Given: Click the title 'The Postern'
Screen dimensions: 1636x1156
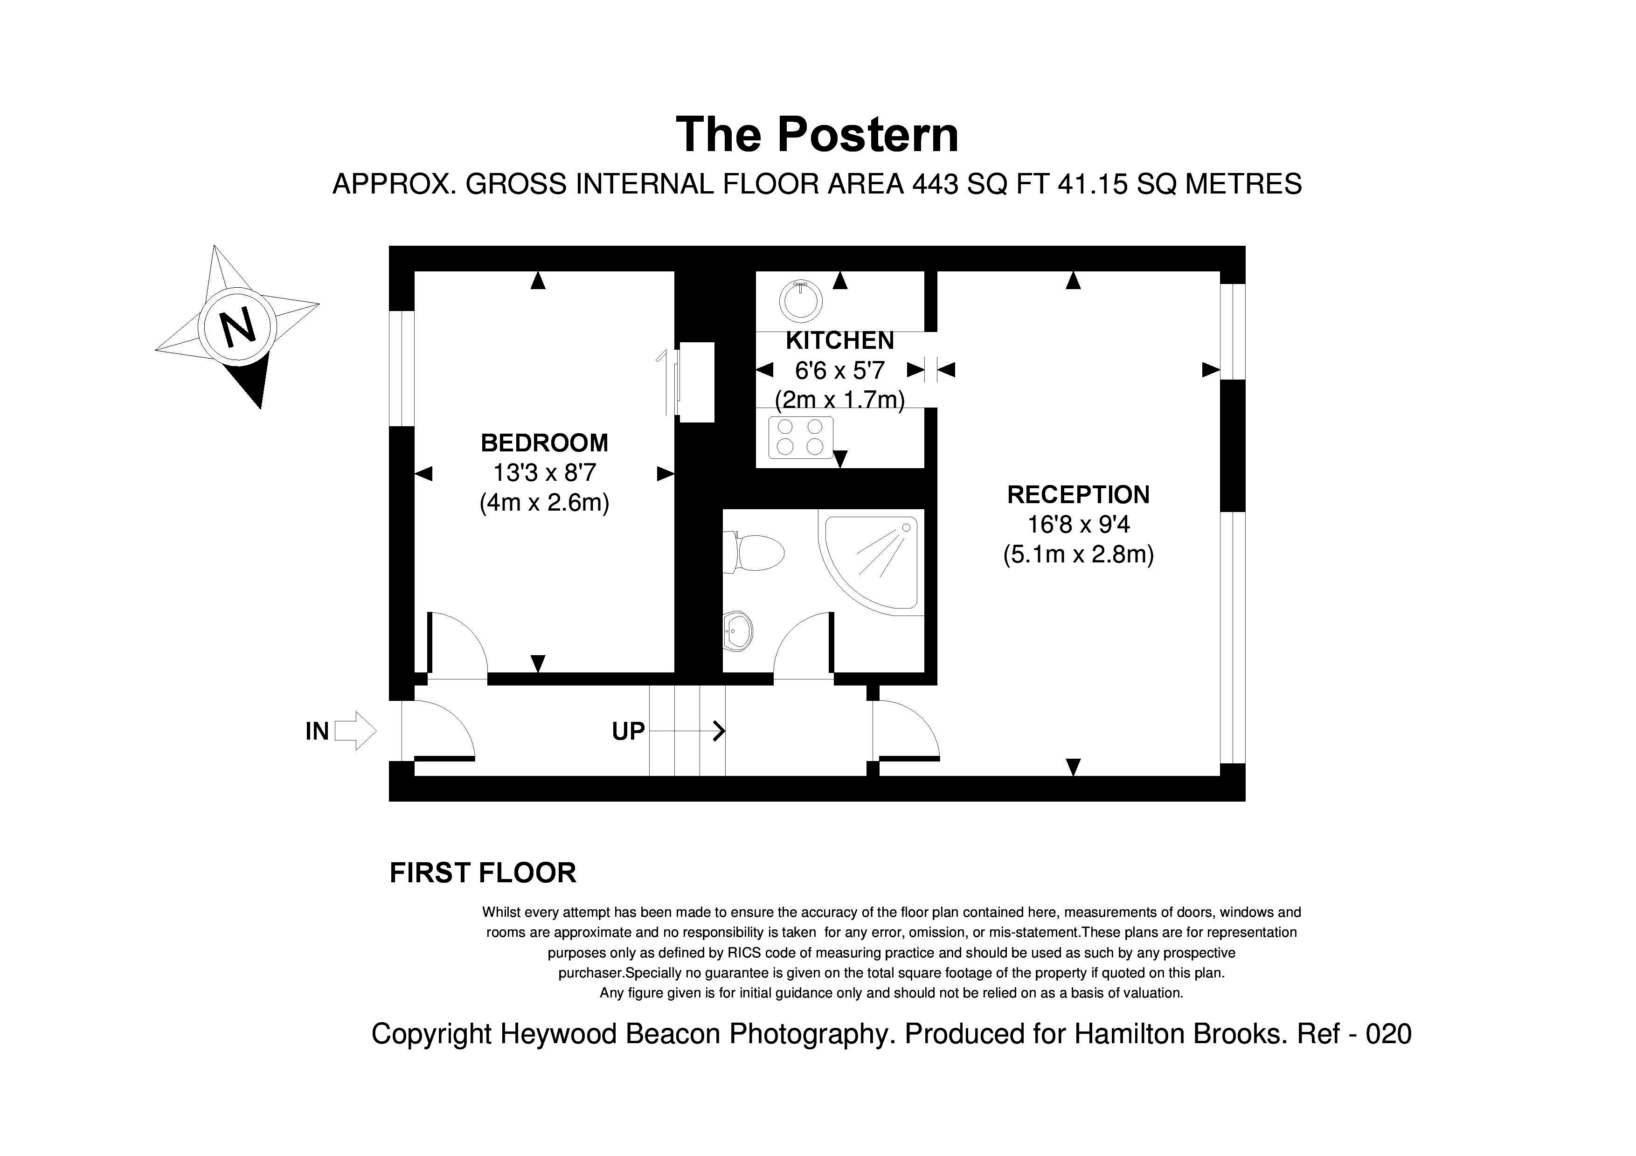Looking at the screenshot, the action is (817, 135).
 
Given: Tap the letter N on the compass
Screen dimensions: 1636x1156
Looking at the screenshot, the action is (237, 326).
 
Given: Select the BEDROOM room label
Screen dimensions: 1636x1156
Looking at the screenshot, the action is (544, 443).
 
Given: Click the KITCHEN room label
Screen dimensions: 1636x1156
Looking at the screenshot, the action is (839, 341).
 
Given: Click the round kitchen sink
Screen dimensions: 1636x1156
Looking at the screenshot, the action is (801, 300).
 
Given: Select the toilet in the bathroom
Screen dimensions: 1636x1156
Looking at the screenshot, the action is (754, 553).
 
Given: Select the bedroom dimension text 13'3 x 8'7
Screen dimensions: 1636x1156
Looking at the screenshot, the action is (544, 473).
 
